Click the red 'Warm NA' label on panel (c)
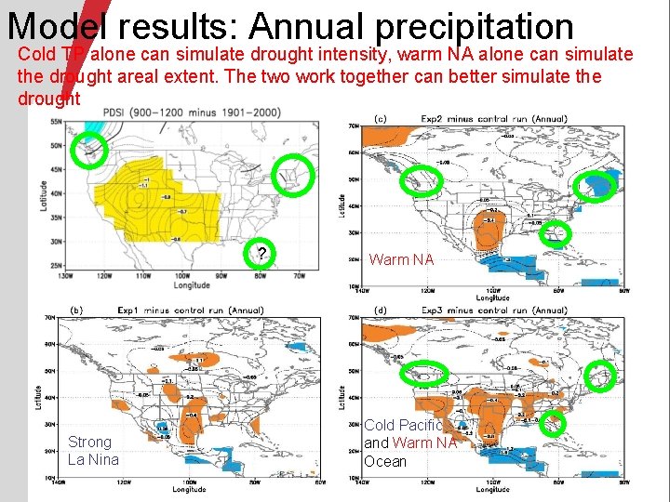tap(401, 259)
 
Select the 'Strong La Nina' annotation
tap(94, 451)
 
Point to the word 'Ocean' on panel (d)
tap(385, 461)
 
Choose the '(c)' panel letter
tap(381, 119)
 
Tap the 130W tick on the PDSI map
tap(61, 276)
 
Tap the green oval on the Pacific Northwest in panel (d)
tap(423, 374)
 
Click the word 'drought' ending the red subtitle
tap(48, 98)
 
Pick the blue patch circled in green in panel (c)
tap(596, 186)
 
